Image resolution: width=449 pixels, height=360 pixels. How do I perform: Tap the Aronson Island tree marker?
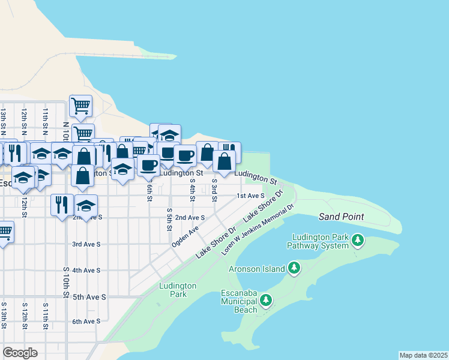tap(294, 268)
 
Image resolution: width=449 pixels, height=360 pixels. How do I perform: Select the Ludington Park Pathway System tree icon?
tap(358, 241)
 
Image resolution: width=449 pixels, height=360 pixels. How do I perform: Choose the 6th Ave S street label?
tap(86, 322)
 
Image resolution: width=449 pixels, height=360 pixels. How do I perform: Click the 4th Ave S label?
tap(86, 271)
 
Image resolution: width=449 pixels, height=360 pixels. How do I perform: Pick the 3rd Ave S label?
tap(86, 244)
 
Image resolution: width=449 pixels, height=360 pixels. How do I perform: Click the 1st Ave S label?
tap(250, 196)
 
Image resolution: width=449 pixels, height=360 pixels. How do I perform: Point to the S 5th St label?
tap(170, 220)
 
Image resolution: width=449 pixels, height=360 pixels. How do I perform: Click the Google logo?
tap(20, 353)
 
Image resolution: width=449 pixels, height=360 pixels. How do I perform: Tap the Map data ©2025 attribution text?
tap(424, 355)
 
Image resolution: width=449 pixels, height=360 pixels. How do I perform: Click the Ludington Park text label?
tap(178, 290)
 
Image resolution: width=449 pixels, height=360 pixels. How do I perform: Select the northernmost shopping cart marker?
tap(80, 106)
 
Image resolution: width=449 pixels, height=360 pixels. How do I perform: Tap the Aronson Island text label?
tap(256, 269)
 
